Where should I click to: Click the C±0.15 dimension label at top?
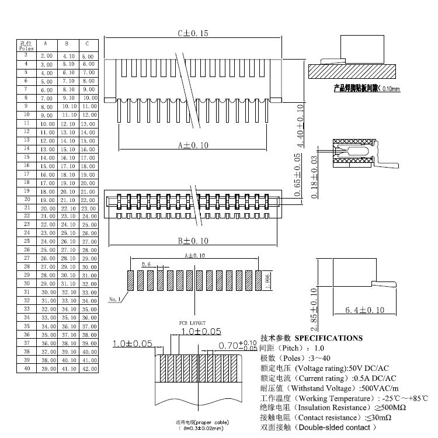point(192,33)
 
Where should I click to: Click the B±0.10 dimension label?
point(192,241)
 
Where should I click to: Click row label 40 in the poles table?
point(27,369)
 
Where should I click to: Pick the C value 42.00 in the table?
point(88,369)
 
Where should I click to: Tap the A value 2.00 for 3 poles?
point(46,55)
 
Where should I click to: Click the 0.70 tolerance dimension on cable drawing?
point(237,345)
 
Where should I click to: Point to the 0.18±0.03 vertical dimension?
point(315,176)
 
